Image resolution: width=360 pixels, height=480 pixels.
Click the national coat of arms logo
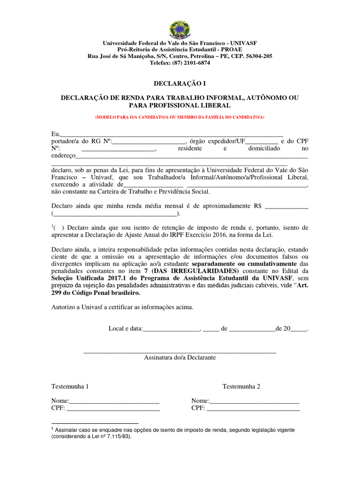[180, 30]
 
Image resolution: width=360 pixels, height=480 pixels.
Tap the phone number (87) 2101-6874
[190, 63]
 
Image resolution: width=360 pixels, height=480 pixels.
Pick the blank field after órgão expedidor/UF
[262, 141]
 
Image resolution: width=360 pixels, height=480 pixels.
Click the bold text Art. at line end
[301, 285]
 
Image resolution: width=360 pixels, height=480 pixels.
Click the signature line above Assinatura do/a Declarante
[180, 351]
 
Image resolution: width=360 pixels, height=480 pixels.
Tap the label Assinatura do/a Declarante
[180, 358]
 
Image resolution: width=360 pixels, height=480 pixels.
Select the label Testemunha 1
[70, 387]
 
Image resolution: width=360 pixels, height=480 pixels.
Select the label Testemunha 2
[241, 387]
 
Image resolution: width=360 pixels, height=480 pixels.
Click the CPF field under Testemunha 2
[253, 409]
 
